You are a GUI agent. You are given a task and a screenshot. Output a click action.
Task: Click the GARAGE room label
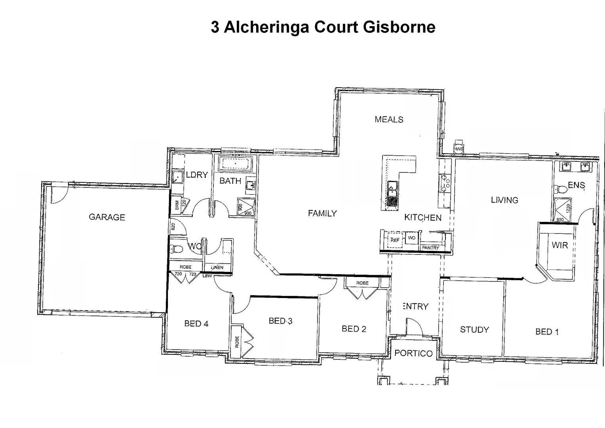coord(107,217)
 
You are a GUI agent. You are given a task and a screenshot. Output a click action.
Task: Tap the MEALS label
coord(389,119)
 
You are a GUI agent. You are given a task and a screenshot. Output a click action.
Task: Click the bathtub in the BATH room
coord(236,163)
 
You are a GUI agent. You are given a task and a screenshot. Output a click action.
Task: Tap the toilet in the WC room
coord(176,249)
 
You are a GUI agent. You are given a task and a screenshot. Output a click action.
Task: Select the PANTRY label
coord(430,248)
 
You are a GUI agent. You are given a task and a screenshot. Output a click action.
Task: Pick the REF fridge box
coord(395,240)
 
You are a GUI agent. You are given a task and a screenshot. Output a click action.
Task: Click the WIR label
coord(559,245)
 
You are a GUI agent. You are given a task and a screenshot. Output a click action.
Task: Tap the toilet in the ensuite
coord(560,189)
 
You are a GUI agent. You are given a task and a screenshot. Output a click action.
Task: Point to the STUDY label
coord(474,330)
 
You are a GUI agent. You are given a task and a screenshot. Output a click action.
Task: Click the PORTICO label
coord(413,353)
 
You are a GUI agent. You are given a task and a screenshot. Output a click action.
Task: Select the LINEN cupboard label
coord(217,267)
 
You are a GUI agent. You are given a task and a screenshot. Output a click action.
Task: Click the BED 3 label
coord(280,321)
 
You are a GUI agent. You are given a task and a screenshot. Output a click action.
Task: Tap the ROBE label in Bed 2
coord(362,283)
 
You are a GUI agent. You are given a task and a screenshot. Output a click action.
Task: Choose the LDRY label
coord(197,175)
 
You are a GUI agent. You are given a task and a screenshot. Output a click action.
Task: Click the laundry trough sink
coord(177,176)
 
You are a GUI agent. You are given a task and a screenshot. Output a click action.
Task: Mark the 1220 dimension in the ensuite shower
coord(568,208)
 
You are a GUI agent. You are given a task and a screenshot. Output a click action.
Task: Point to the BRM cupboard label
coord(177,204)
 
